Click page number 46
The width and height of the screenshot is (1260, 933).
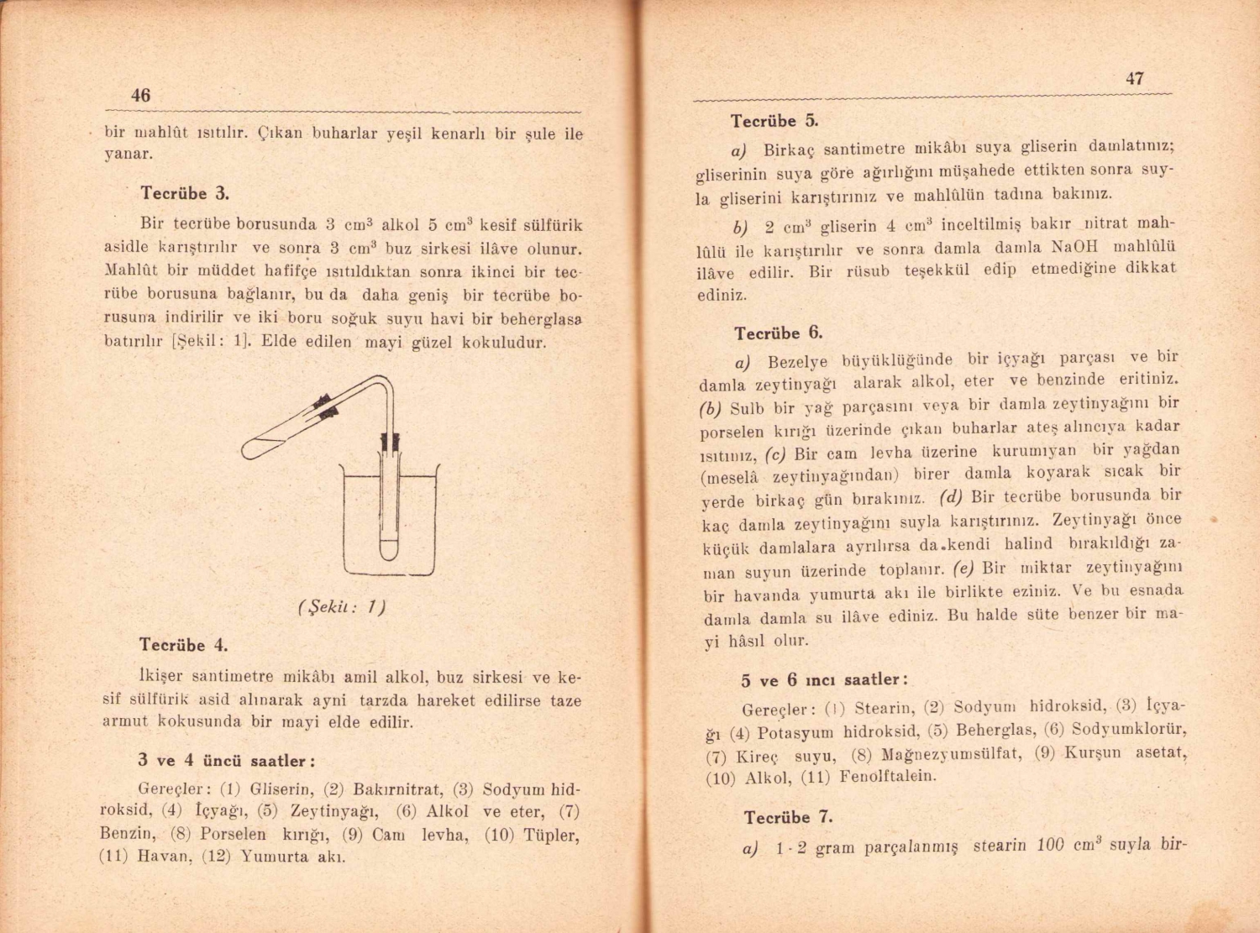[140, 96]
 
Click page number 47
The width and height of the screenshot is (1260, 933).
[1134, 79]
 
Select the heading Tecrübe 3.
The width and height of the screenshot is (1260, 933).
[185, 193]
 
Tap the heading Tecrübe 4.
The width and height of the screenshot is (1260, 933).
[183, 645]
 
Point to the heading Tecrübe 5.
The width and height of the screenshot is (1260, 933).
[774, 121]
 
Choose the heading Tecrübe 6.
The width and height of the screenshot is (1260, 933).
[778, 333]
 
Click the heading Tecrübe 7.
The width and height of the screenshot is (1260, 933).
[788, 817]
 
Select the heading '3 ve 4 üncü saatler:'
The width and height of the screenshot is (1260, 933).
[227, 761]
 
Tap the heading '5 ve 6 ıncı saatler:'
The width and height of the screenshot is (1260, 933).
[824, 679]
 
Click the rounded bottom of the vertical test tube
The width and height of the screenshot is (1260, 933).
[388, 552]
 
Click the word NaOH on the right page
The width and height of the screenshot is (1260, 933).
[1074, 247]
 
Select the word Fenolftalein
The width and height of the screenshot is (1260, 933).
[889, 776]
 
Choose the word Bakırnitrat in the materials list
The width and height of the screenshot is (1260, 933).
[396, 789]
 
